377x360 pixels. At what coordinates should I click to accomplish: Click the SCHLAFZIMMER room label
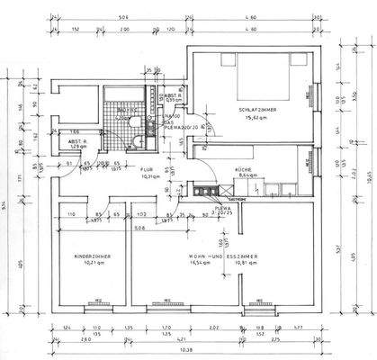(x=256, y=110)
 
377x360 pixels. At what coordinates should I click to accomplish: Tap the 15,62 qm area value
(x=256, y=118)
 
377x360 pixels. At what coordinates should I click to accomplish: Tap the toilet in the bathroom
(x=134, y=141)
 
